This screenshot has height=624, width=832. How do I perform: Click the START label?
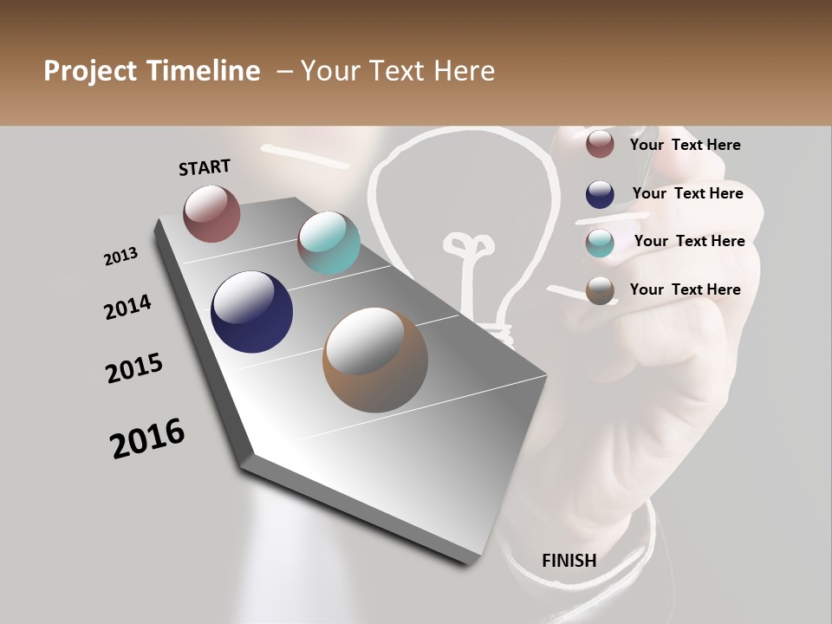click(205, 167)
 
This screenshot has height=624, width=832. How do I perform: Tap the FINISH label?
click(569, 561)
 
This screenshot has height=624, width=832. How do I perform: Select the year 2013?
click(121, 257)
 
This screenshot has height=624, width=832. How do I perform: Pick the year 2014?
click(127, 308)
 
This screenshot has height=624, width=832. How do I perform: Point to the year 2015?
click(134, 368)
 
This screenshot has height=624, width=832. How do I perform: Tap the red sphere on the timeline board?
click(211, 213)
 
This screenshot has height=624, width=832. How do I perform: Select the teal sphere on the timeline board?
click(328, 243)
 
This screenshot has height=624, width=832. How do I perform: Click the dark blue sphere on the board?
click(251, 312)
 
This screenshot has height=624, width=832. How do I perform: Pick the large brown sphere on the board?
click(375, 360)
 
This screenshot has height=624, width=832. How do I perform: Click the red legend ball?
click(600, 145)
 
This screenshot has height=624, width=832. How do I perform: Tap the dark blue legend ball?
click(600, 194)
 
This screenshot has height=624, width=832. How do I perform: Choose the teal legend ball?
click(600, 243)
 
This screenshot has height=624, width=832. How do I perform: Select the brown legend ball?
click(600, 290)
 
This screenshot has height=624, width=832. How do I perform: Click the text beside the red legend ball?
click(685, 146)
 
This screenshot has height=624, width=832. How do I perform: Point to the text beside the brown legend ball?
click(685, 289)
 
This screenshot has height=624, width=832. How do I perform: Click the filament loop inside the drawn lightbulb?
click(471, 244)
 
